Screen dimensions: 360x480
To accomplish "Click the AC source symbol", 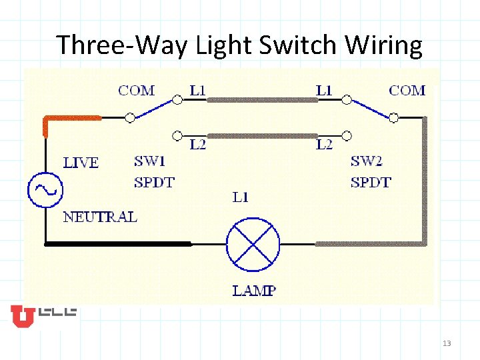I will pos(45,189).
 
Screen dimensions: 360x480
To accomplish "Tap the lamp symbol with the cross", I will pos(254,244).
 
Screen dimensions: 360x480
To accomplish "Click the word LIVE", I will pos(81,163).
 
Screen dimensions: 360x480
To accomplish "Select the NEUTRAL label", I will pos(100,217).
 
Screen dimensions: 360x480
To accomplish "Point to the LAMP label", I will pos(254,291).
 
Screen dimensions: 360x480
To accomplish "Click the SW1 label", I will pos(150,161).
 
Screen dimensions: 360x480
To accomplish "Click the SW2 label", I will pos(367,161).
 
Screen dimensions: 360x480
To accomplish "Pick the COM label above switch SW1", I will pos(137,90).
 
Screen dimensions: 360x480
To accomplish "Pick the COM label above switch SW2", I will pos(407,90).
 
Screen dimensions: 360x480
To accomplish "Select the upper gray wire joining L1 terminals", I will pos(261,100).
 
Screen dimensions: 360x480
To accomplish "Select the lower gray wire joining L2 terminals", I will pos(261,135).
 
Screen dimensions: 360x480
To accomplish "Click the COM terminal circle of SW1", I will pos(130,117).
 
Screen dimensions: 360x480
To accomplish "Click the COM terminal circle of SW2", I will pos(394,117).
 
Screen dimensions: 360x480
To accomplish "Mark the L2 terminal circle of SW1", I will pos(177,135).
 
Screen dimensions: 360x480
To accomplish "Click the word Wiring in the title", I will pos(384,45).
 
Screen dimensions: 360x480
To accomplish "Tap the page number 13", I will pos(447,343).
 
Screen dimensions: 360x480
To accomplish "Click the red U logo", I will pos(22,317).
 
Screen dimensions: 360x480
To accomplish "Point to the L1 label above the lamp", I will pos(240,197).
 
